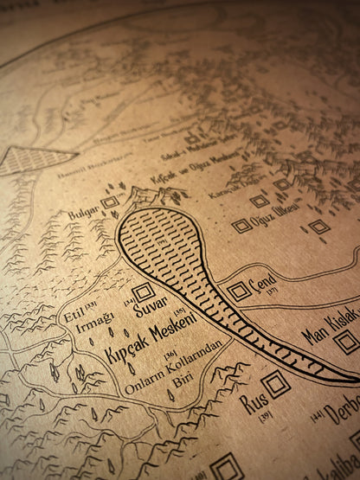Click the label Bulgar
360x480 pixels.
click(84, 210)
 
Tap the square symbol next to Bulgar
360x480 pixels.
click(109, 202)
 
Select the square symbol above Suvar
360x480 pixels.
click(144, 291)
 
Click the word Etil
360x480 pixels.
click(74, 317)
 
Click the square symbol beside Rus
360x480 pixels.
click(276, 384)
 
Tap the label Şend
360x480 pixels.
click(261, 282)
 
